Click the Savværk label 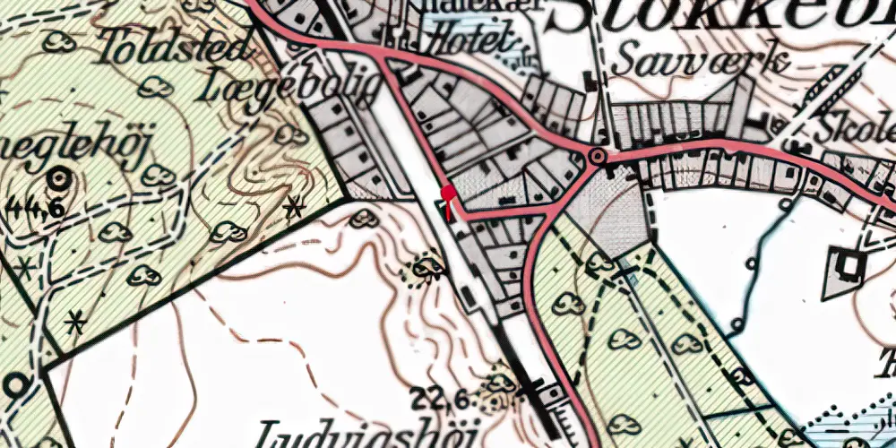pyautogui.click(x=702, y=61)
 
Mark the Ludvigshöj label pyautogui.click(x=369, y=433)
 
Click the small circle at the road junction pyautogui.click(x=597, y=158)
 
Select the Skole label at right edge pyautogui.click(x=857, y=127)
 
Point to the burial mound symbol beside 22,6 pyautogui.click(x=500, y=383)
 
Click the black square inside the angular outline pyautogui.click(x=848, y=264)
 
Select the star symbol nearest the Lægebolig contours pyautogui.click(x=292, y=210)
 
